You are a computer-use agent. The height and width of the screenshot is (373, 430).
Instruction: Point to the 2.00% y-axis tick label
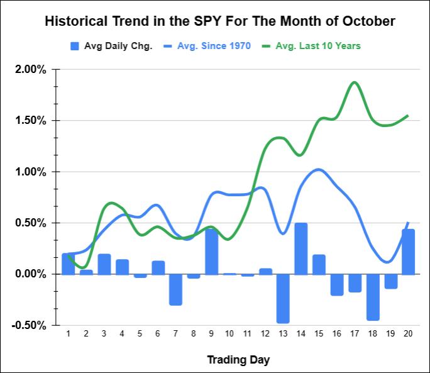(x=31, y=69)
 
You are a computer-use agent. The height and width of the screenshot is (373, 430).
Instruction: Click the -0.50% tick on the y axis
(x=30, y=325)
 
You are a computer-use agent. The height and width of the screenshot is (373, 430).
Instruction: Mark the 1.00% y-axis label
(x=31, y=172)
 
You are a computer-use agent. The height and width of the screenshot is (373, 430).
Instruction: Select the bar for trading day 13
(x=283, y=298)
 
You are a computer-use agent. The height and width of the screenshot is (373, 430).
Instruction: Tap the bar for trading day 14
(x=301, y=248)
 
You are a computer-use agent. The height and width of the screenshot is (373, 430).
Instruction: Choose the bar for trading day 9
(x=211, y=252)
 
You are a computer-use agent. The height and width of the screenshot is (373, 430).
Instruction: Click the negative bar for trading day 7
(x=175, y=289)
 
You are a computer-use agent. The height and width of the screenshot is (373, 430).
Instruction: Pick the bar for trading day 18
(x=373, y=297)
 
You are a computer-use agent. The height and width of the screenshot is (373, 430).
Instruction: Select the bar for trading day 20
(x=409, y=252)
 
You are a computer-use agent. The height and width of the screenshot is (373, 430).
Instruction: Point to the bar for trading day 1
(x=68, y=264)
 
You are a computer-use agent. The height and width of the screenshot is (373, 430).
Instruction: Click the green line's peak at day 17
(x=355, y=82)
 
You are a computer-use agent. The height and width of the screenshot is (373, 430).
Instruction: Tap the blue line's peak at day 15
(x=319, y=169)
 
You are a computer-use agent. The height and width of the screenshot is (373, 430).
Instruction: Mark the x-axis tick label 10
(x=229, y=333)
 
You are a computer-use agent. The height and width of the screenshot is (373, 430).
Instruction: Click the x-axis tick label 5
(x=140, y=333)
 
